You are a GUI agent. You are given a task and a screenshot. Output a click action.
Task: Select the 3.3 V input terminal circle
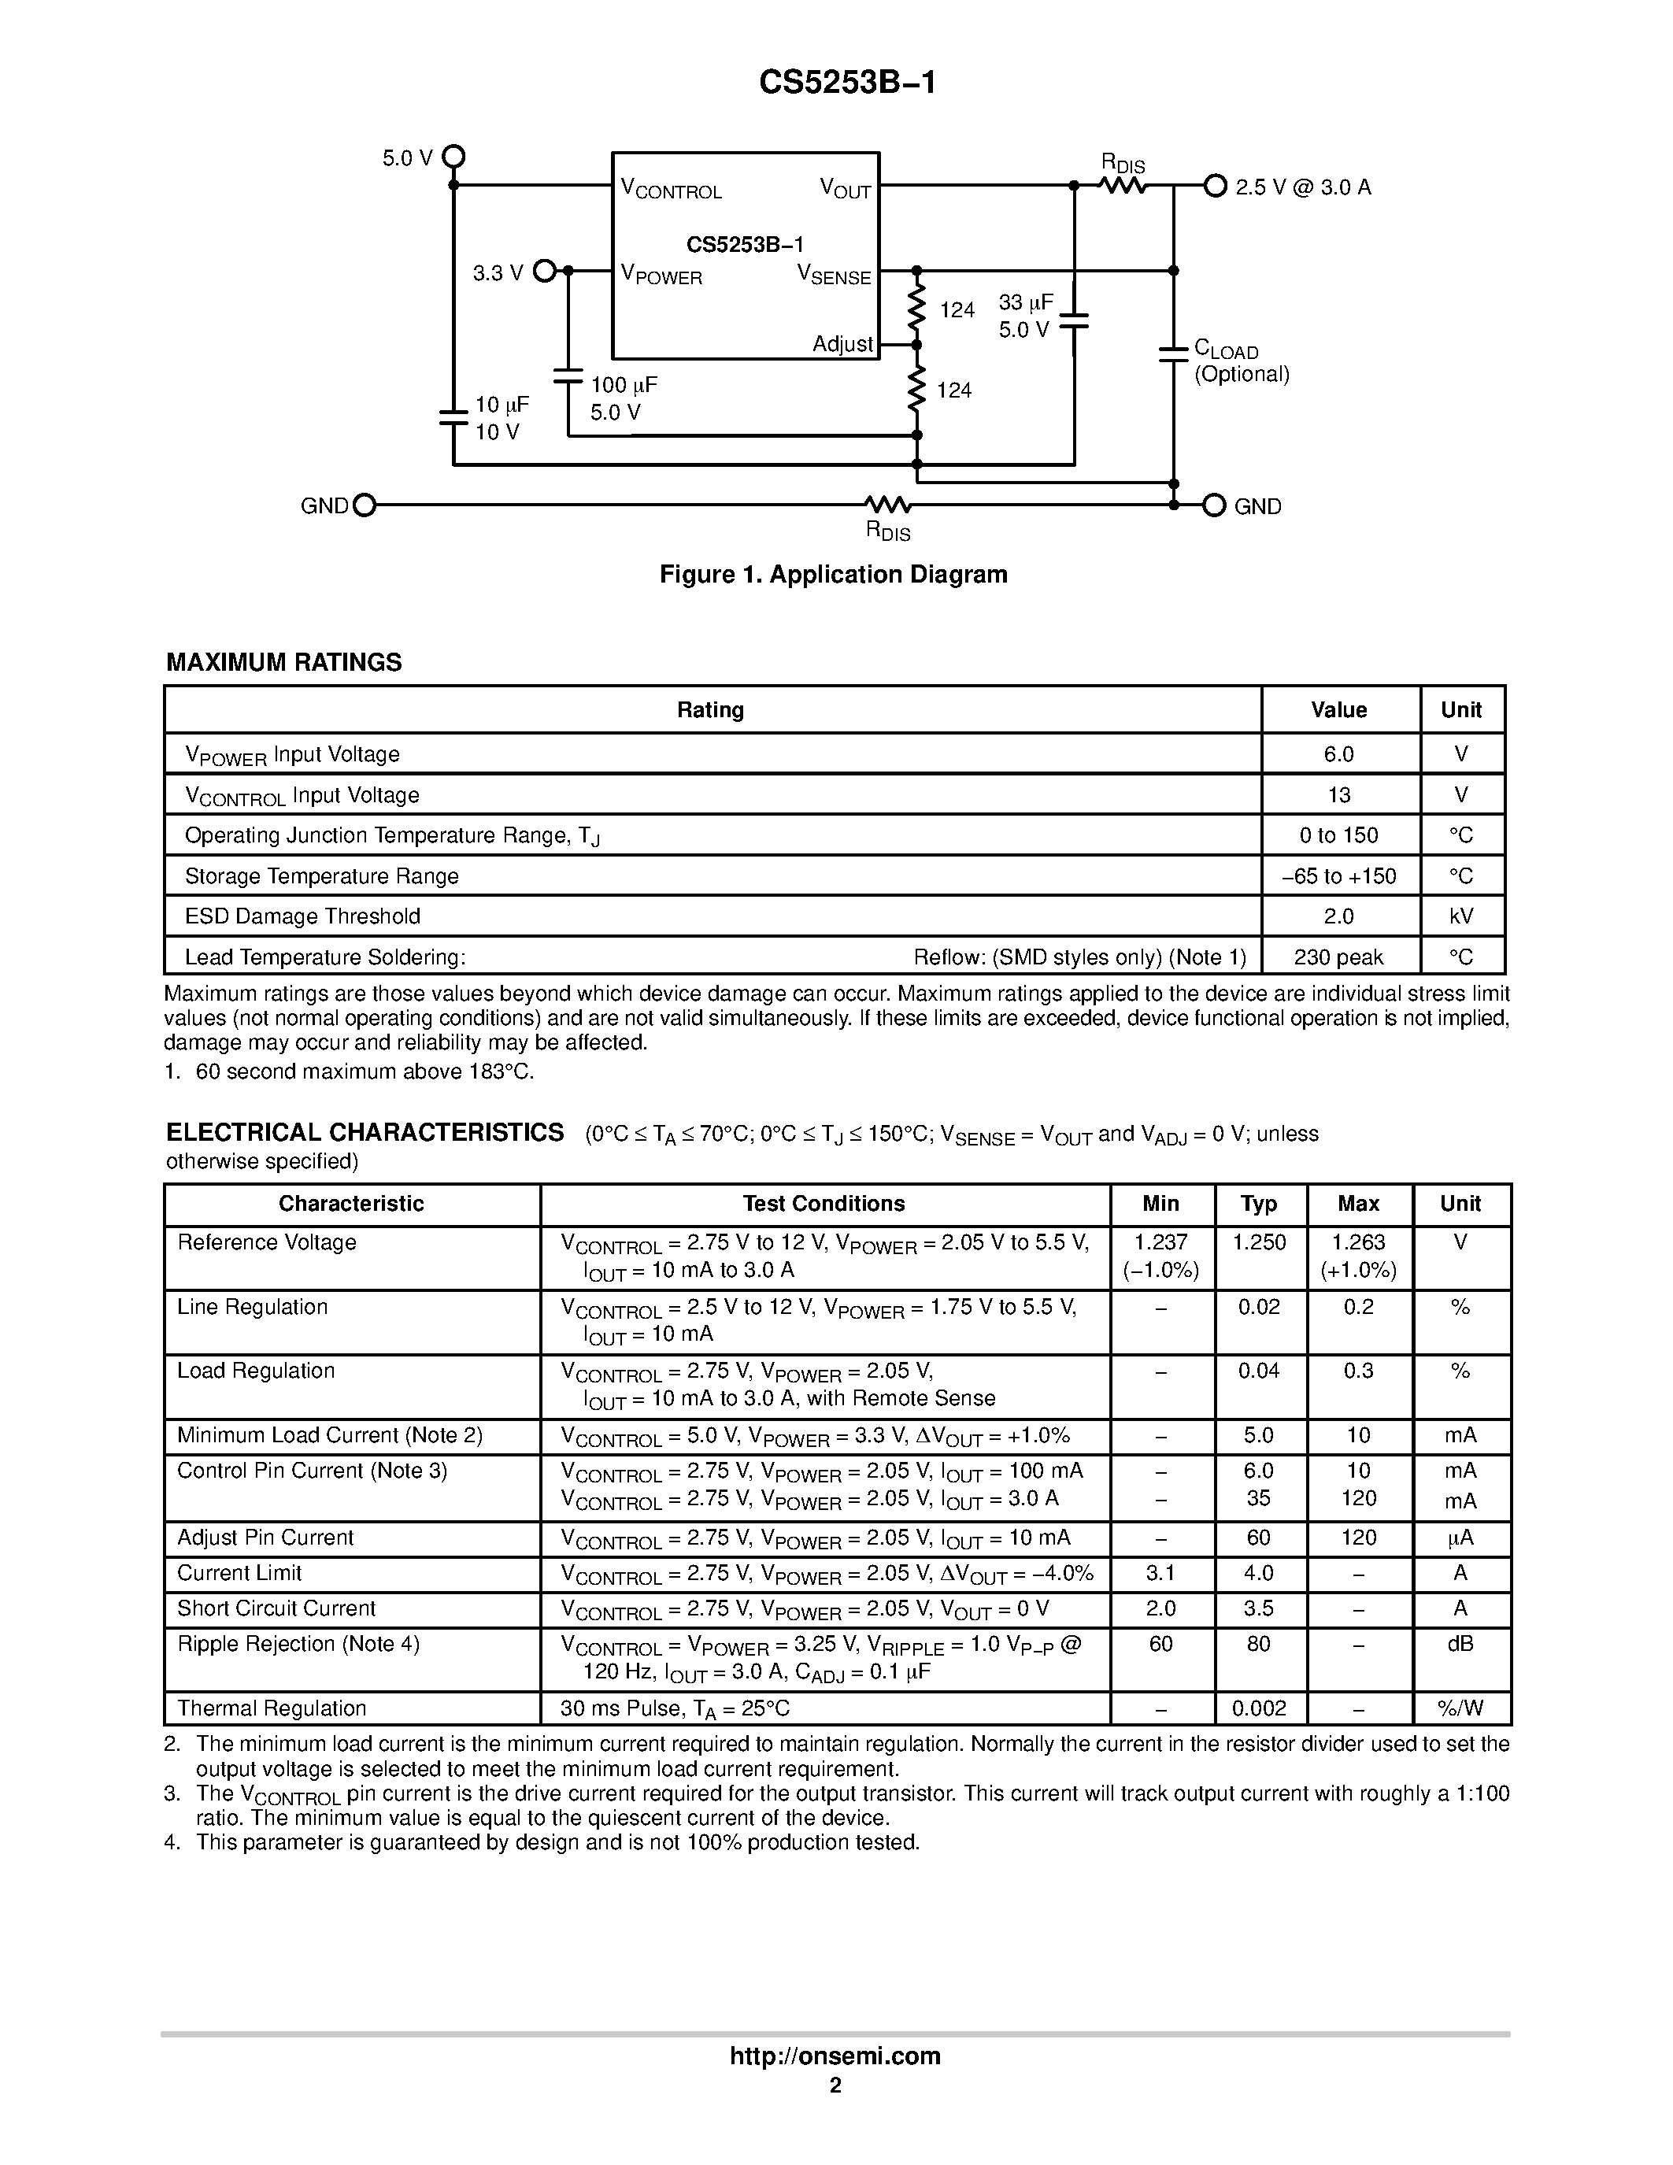coord(544,271)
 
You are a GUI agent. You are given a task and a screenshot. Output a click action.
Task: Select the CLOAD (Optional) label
coord(1240,362)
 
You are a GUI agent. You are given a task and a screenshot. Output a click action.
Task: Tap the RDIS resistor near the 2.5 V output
coord(1123,185)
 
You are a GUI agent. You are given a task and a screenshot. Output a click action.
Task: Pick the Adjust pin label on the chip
coord(842,344)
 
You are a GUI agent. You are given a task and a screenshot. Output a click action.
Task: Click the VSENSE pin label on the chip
coord(835,276)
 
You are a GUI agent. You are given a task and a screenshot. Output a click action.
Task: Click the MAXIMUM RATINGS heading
coord(283,662)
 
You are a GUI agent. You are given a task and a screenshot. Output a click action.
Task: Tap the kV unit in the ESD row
coord(1461,916)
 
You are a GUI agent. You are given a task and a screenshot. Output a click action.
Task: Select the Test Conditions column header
coord(824,1204)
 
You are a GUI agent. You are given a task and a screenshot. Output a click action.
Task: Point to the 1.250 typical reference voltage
coord(1259,1242)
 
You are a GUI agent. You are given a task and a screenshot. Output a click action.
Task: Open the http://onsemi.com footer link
coord(835,2056)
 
